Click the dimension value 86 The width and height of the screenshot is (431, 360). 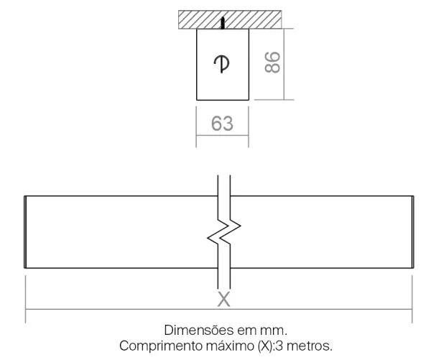272,62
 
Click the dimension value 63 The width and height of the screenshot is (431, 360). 223,124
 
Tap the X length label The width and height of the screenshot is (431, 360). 223,299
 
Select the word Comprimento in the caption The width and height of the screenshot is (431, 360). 160,346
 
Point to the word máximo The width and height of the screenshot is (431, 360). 231,346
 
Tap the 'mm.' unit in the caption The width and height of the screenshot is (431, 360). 274,331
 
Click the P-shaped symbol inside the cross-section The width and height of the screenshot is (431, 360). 221,64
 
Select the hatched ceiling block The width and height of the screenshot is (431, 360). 230,19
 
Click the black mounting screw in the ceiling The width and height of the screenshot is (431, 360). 223,23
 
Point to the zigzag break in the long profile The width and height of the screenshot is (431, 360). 224,232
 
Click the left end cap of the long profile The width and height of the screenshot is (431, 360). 25,232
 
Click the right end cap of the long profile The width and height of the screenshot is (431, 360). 413,232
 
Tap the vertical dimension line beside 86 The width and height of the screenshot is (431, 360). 284,64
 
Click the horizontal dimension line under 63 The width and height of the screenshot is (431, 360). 223,135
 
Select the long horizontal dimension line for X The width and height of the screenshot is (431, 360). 219,310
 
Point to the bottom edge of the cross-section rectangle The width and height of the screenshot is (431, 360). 223,100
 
